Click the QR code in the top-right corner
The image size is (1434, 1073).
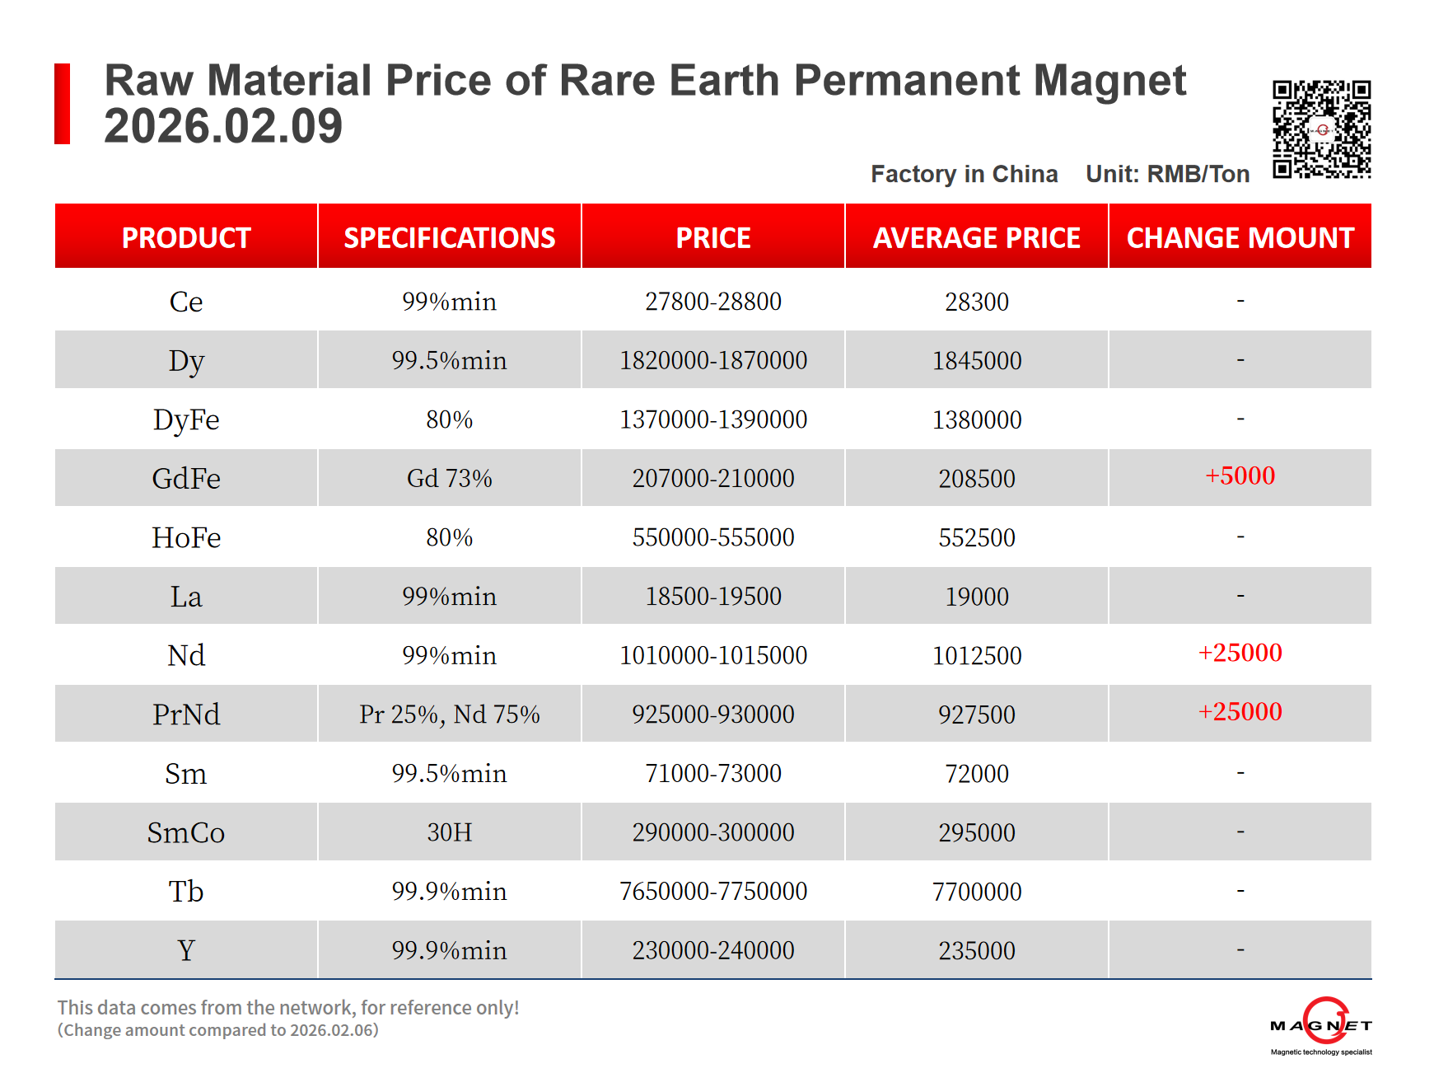[x=1321, y=129]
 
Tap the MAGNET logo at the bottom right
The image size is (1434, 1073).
[x=1321, y=1025]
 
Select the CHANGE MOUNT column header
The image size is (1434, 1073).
[x=1240, y=237]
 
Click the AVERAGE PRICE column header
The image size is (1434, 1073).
[x=976, y=237]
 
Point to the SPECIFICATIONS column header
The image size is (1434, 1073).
[x=449, y=237]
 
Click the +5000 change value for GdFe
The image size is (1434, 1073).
[x=1240, y=476]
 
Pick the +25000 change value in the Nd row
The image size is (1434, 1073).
[x=1240, y=653]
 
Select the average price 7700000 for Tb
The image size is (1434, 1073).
[x=976, y=891]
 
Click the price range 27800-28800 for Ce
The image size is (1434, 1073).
[x=712, y=302]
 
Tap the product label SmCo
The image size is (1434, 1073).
[x=186, y=832]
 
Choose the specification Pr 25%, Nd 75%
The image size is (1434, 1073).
[x=449, y=714]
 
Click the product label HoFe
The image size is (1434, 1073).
[x=186, y=537]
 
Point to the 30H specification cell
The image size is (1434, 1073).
[x=449, y=832]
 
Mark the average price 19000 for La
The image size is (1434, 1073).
[x=976, y=597]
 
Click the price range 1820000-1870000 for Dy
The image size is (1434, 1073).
[x=712, y=360]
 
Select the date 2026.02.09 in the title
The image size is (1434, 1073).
[x=223, y=126]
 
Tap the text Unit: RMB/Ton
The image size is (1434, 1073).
[x=1167, y=174]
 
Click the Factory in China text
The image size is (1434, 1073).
[x=964, y=174]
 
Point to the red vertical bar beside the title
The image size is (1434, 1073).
[x=62, y=104]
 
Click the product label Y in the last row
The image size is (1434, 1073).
[x=186, y=950]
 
